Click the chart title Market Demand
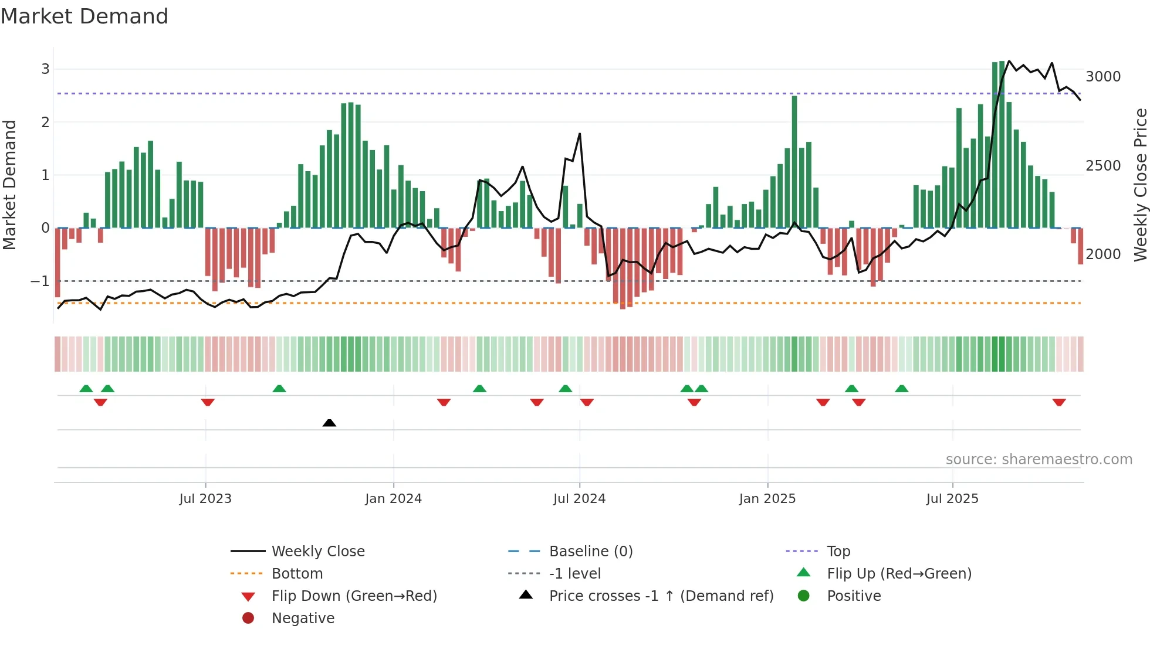84,16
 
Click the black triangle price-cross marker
329,423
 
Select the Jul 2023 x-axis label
205,499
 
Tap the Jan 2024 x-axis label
393,499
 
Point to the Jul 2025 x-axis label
952,499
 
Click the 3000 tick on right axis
1103,77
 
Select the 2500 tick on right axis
1103,166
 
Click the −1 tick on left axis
40,281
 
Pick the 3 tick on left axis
45,69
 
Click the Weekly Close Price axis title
1140,185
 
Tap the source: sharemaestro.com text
1039,460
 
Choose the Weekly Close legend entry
317,552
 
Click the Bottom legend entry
297,574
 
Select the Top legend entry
838,552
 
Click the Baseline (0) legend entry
591,552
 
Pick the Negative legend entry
303,618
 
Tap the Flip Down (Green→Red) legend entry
354,596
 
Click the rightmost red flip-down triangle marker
1059,402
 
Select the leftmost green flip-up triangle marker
86,389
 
